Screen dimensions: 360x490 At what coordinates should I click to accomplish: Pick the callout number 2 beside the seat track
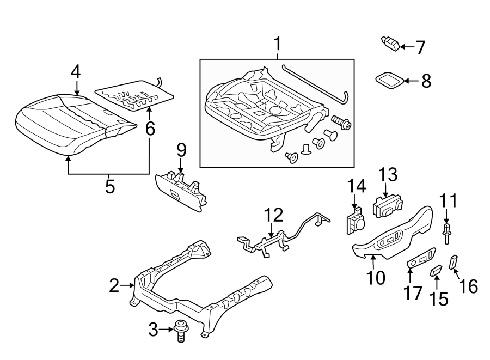pyautogui.click(x=114, y=285)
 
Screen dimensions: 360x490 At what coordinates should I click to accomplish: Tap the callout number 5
pyautogui.click(x=110, y=187)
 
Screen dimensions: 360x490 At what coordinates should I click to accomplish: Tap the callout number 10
pyautogui.click(x=376, y=277)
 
